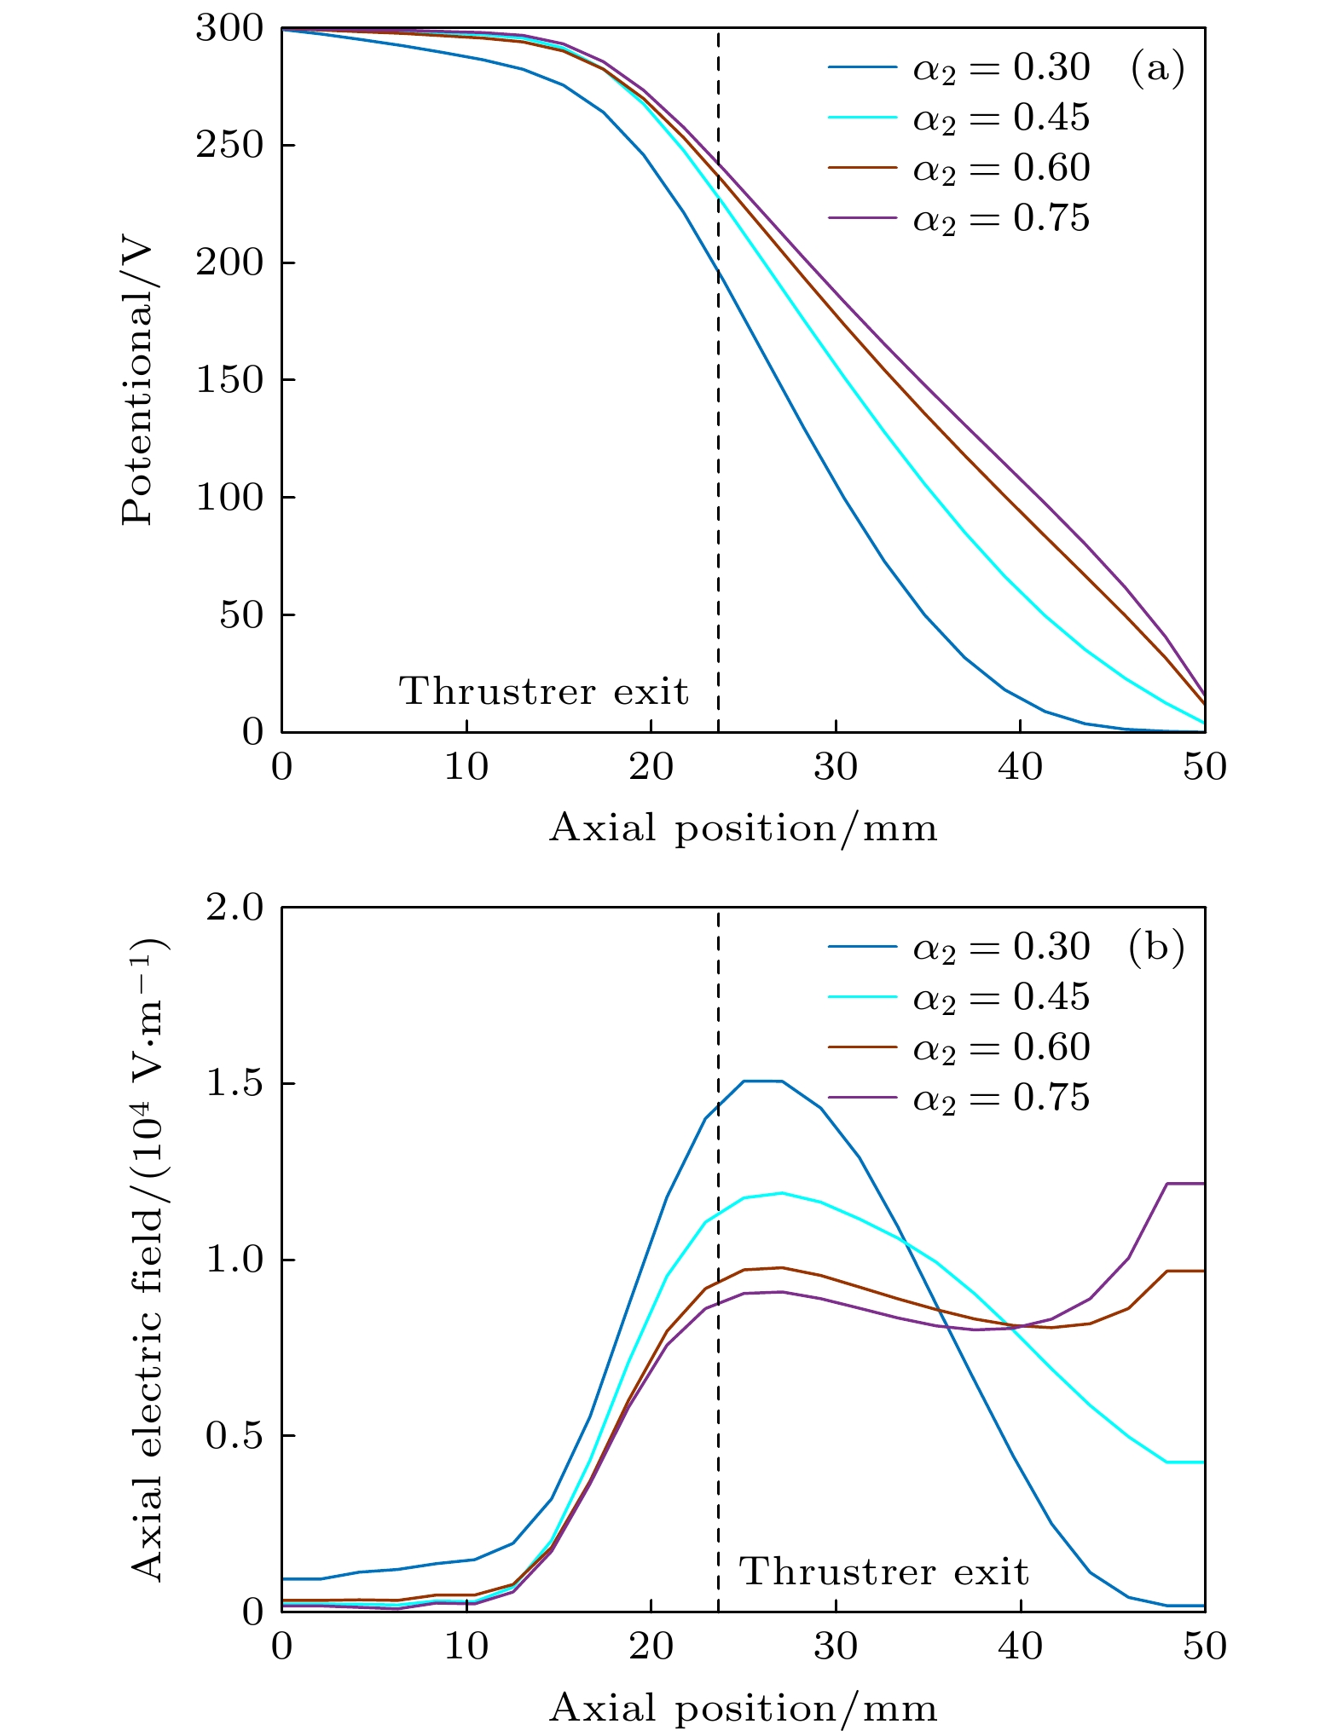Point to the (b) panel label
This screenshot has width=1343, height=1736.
pos(1156,947)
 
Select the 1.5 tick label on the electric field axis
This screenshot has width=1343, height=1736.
pos(234,1084)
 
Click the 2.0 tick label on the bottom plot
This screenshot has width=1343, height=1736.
pos(234,908)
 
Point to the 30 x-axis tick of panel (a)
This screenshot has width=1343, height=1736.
pos(836,768)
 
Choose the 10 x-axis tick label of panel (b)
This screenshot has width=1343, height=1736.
pos(466,1647)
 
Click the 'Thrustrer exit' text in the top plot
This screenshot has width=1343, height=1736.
pos(544,691)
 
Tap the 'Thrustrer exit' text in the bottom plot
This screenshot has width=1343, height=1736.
pos(884,1572)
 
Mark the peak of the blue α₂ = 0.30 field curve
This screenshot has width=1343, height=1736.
pos(762,1081)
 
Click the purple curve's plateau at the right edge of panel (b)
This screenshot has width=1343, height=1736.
pos(1185,1184)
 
